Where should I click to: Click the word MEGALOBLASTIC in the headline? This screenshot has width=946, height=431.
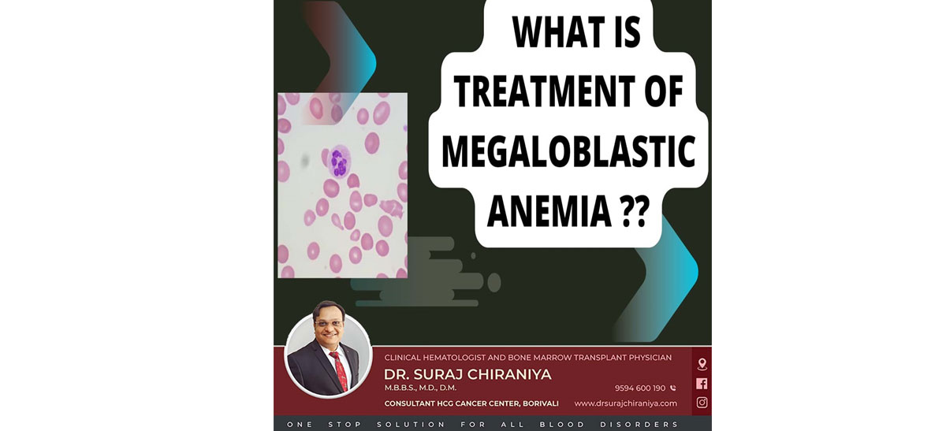pos(568,152)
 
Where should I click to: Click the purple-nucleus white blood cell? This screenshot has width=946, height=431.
pos(340,162)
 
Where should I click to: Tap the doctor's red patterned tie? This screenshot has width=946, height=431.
pos(340,371)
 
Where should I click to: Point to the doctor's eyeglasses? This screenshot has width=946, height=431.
pos(328,323)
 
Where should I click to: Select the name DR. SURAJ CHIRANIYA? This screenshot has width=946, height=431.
pos(467,374)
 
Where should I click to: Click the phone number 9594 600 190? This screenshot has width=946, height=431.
pos(640,388)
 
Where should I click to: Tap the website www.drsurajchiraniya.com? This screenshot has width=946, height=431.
pos(625,403)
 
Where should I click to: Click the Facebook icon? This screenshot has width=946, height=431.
pos(702,383)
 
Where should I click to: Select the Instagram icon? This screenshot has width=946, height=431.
pos(702,403)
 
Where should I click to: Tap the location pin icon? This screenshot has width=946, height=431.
pos(702,364)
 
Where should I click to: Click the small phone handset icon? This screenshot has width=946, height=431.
pos(672,388)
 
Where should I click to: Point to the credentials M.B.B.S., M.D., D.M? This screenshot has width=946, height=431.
pos(420,388)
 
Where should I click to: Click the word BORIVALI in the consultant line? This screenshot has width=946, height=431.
pos(541,403)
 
